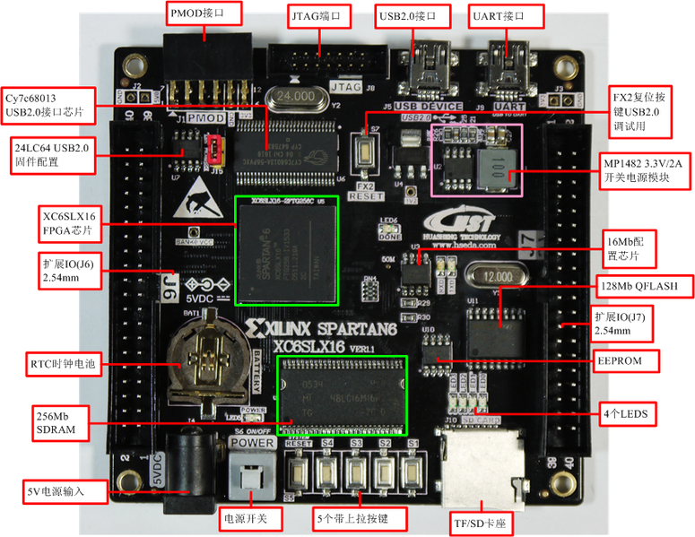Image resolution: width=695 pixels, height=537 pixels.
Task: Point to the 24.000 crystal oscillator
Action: point(296,97)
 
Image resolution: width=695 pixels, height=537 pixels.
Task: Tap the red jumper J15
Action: point(215,150)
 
